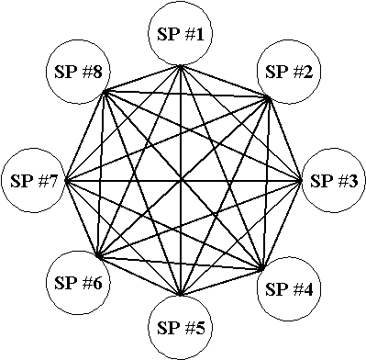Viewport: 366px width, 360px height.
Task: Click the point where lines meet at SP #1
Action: (181, 66)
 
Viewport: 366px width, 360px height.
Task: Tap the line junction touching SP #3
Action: (301, 181)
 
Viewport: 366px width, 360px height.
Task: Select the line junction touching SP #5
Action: (181, 295)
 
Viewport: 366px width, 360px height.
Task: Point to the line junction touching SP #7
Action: (66, 181)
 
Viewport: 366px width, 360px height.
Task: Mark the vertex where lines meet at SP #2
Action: (268, 98)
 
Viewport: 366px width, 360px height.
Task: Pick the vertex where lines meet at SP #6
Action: (98, 255)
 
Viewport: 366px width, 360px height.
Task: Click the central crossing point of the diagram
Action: (181, 181)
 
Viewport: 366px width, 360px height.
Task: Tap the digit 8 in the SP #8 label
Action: (96, 73)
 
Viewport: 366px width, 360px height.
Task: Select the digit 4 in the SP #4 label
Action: (307, 289)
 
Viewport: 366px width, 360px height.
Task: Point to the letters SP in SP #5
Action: (168, 328)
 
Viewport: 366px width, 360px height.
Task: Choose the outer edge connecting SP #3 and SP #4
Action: (282, 225)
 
